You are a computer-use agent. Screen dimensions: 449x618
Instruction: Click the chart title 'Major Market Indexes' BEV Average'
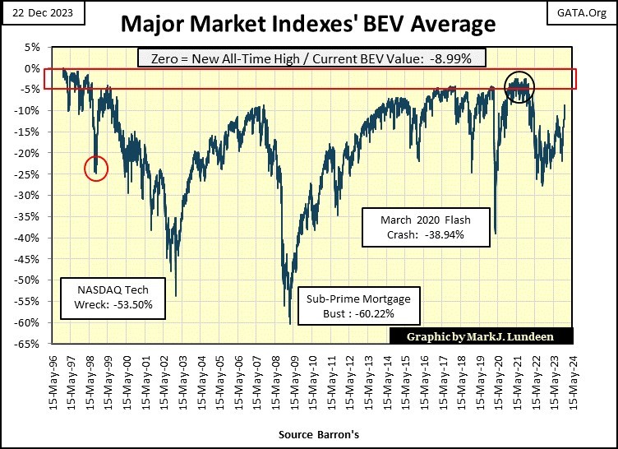coord(308,23)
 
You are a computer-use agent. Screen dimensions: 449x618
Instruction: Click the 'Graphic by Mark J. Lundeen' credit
coord(482,336)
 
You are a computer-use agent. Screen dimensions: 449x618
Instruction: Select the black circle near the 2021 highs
coord(519,86)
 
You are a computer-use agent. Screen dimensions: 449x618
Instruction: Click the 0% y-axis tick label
coord(35,68)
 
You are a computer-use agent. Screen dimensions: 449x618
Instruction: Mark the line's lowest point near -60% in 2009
coord(290,323)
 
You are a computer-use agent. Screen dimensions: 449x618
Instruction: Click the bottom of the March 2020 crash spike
coord(496,234)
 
